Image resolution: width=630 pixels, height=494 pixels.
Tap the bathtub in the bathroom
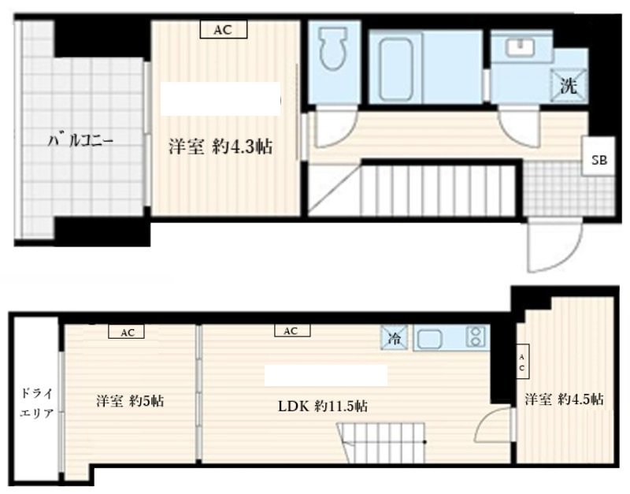tap(396, 69)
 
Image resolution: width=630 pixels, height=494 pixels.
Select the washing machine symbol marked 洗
tap(568, 85)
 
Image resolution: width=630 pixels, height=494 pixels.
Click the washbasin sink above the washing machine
tap(521, 48)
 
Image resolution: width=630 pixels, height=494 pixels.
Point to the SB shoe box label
tap(598, 160)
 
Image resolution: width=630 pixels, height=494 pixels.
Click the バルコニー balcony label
tap(81, 141)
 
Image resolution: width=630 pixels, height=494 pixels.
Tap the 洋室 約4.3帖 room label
tap(220, 147)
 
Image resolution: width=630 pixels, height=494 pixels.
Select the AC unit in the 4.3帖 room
tap(223, 30)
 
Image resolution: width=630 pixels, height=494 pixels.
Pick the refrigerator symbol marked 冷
tap(395, 338)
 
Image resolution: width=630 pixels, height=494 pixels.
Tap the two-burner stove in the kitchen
tap(476, 337)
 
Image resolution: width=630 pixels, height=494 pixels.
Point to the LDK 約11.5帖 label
tap(323, 407)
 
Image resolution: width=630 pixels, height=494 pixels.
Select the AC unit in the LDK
tap(292, 331)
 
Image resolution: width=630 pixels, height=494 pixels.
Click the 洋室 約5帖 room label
tap(130, 401)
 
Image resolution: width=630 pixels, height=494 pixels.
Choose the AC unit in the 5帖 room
tap(127, 332)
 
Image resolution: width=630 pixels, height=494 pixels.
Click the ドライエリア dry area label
tap(37, 403)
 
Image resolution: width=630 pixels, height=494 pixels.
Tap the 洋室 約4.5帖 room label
tap(564, 399)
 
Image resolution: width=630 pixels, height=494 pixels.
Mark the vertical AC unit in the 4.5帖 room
tap(523, 361)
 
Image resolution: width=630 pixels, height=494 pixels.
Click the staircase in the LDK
tap(382, 443)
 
